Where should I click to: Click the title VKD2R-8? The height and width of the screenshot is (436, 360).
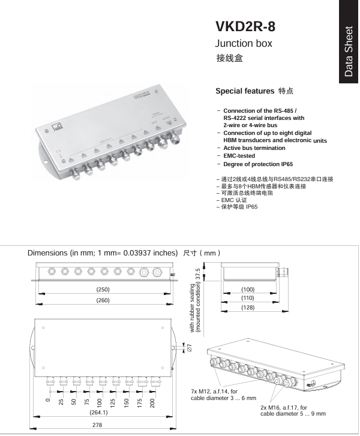245,27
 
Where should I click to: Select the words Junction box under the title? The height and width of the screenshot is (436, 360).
244,44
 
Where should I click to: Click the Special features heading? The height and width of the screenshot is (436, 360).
245,92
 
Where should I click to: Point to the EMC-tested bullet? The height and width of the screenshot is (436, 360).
239,156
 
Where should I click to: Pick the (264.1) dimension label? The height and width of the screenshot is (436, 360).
98,412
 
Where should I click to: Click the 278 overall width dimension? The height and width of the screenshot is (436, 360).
98,425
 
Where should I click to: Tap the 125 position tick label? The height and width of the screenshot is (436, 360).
113,402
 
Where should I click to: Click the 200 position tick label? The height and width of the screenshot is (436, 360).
153,402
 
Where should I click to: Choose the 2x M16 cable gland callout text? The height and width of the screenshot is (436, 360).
293,410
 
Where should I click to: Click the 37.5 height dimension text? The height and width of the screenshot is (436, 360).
198,276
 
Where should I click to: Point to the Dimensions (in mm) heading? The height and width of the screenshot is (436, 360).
103,252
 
